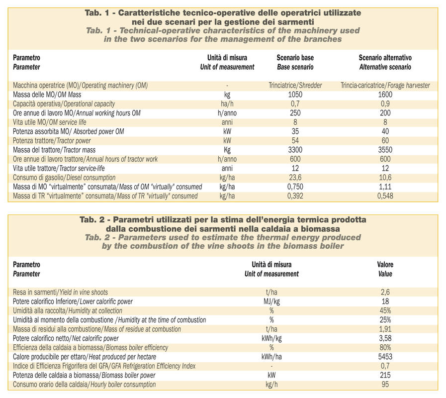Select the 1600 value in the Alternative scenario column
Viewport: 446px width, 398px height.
point(385,95)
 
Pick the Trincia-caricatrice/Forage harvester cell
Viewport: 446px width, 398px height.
point(385,86)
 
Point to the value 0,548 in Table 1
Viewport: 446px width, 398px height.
point(385,196)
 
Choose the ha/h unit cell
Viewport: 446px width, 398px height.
point(227,104)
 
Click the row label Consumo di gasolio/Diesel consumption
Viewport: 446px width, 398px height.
point(64,178)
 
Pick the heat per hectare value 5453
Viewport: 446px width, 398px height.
point(385,357)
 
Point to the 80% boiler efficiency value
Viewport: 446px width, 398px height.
point(385,348)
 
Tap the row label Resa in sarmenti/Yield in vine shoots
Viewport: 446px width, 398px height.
point(60,293)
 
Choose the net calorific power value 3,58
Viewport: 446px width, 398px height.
point(385,338)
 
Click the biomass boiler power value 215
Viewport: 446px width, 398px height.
point(385,375)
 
